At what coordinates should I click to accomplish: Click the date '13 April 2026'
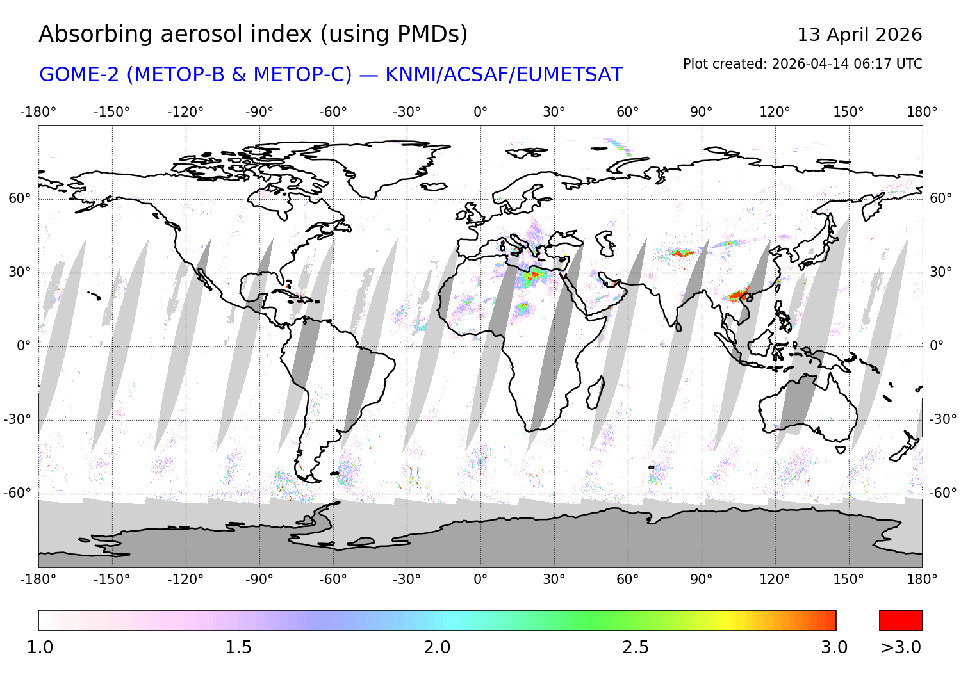[859, 35]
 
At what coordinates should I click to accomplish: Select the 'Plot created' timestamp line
[802, 64]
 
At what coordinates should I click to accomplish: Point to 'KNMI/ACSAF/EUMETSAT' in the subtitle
[504, 75]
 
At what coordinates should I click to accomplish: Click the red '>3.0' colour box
[901, 621]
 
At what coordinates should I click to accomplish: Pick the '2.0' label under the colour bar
[437, 647]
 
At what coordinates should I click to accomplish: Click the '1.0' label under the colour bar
[40, 647]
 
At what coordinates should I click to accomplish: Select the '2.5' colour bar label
[636, 647]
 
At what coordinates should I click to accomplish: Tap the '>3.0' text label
[901, 647]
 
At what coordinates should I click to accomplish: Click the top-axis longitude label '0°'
[481, 112]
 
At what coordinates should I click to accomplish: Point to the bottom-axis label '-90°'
[259, 580]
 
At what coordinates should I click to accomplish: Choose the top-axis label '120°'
[775, 112]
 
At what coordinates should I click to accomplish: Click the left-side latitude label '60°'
[19, 199]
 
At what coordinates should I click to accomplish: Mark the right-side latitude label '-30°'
[942, 419]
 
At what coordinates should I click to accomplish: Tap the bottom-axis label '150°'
[848, 580]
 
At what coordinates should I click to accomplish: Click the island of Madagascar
[596, 392]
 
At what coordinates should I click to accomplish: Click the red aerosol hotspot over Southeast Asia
[739, 295]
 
